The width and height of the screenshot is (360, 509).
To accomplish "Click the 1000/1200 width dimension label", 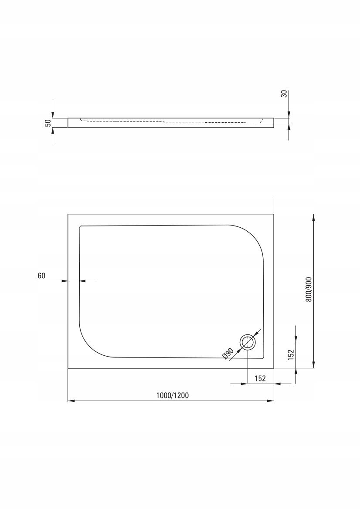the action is click(x=172, y=395).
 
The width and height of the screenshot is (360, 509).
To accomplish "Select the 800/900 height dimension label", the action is click(x=309, y=290).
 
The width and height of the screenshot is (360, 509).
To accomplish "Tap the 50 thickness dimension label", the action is click(x=48, y=123).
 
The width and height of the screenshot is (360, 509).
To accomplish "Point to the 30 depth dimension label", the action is click(x=284, y=94).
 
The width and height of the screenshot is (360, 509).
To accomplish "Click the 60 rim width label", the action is click(x=41, y=276).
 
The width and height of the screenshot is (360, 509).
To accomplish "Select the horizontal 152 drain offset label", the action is click(x=260, y=378).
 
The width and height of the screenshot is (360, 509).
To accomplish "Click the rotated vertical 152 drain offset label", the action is click(x=291, y=355).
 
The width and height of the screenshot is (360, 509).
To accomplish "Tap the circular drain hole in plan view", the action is click(x=248, y=342).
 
